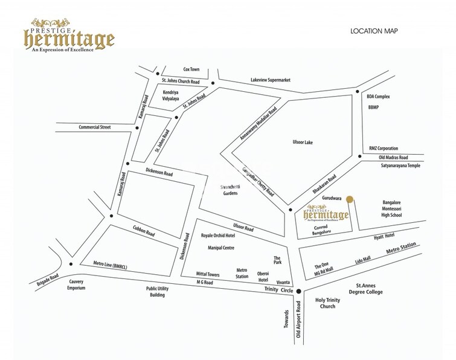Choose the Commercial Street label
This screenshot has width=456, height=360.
(x=96, y=127)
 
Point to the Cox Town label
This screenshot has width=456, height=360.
(x=191, y=69)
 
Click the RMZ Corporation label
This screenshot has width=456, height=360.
(x=384, y=148)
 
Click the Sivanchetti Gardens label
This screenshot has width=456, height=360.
(x=229, y=190)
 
